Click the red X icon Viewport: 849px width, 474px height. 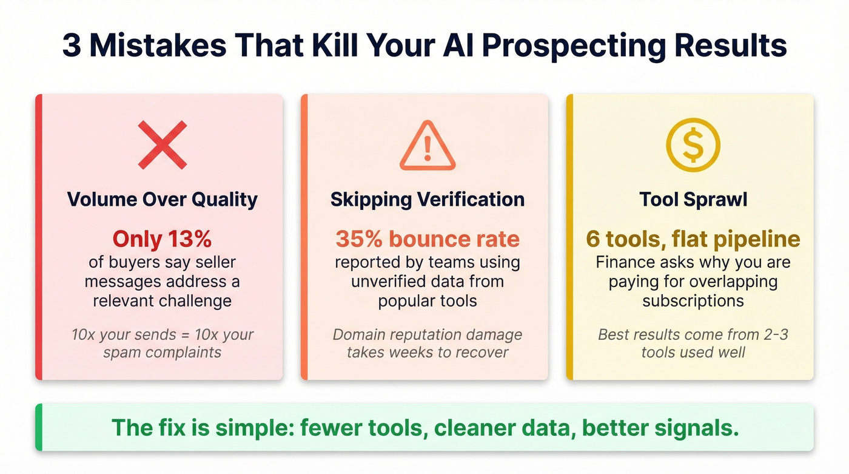[162, 144]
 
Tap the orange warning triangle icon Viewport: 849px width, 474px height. [428, 146]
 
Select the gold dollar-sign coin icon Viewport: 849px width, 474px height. [693, 144]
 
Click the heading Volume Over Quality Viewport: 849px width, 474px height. [162, 199]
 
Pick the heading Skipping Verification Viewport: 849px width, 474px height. [428, 199]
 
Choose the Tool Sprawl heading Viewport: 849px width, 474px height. [693, 199]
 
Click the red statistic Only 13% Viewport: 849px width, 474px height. [162, 239]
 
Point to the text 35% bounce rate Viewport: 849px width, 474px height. [428, 239]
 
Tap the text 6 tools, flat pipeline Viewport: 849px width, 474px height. [693, 239]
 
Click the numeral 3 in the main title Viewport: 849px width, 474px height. [72, 46]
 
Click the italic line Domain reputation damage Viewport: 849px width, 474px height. [428, 335]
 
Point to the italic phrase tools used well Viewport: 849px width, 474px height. [693, 352]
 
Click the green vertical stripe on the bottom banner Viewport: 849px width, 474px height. [39, 427]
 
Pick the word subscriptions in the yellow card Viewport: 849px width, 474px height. [693, 301]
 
